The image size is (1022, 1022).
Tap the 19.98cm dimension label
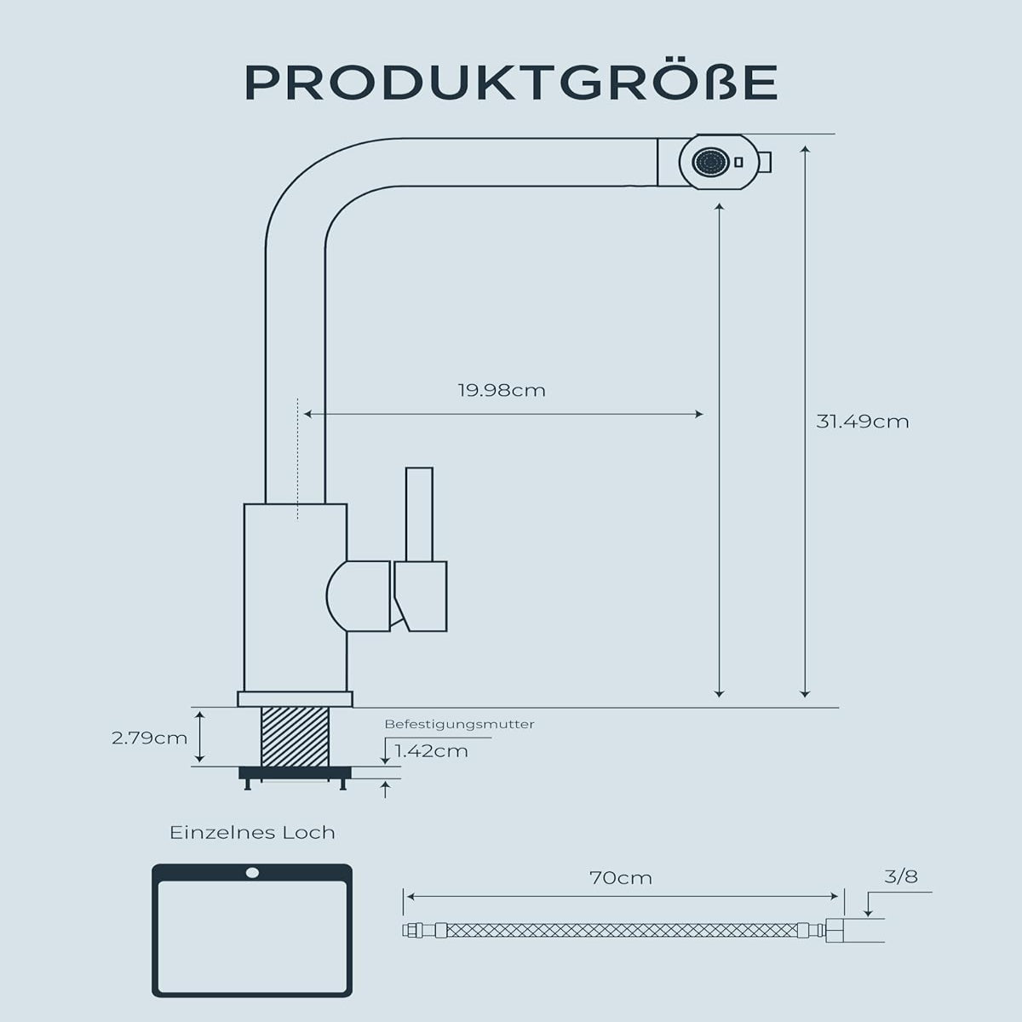pos(501,391)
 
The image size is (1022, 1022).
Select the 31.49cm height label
pos(862,421)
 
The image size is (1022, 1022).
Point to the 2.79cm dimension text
pos(149,738)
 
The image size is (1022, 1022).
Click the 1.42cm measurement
pos(431,750)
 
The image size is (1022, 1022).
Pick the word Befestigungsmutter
pos(459,724)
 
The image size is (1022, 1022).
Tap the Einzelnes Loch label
pos(252,832)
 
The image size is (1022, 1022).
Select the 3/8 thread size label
pos(901,876)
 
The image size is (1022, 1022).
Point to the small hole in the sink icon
pos(252,873)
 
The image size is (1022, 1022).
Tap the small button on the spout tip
pos(766,161)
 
